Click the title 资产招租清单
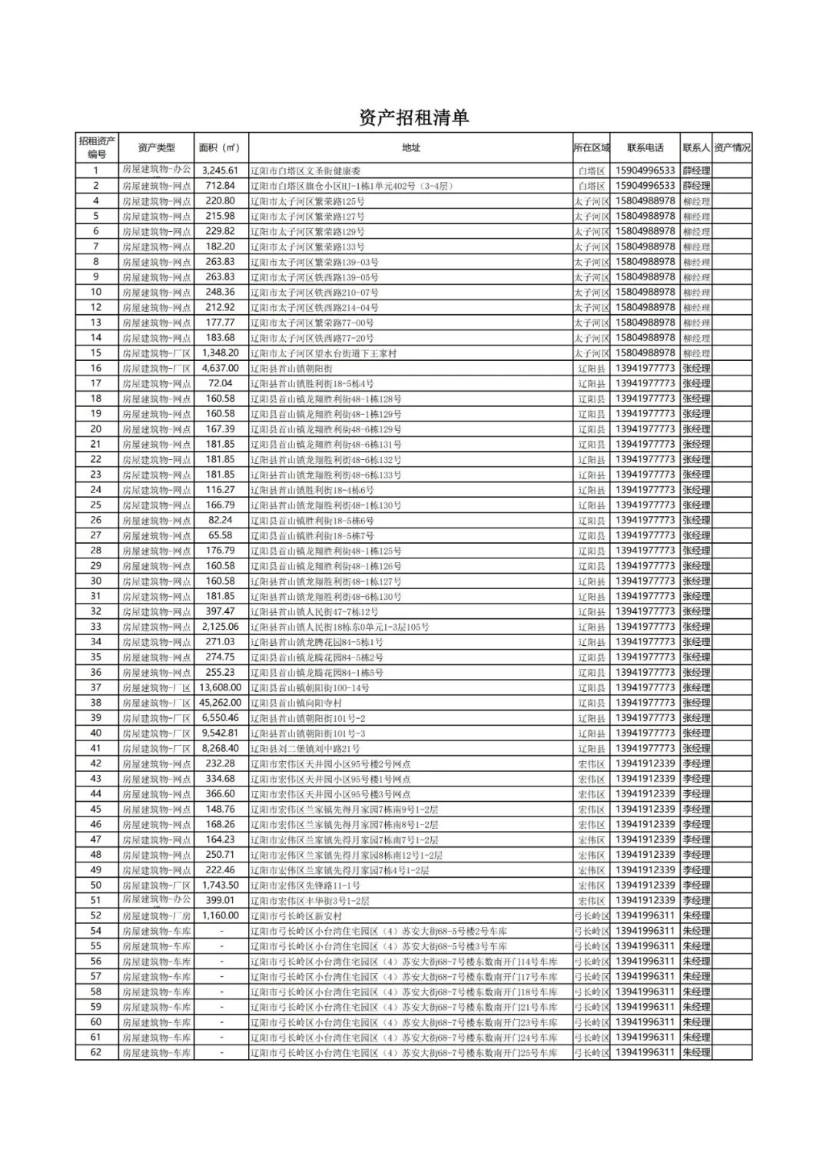(x=413, y=118)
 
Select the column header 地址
(x=411, y=148)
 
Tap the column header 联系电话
(x=645, y=148)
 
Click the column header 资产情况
(x=732, y=148)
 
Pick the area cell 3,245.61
(x=220, y=171)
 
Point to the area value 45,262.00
(x=220, y=703)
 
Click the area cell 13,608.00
(x=220, y=687)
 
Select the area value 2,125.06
(x=220, y=627)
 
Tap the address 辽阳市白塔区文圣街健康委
(x=306, y=171)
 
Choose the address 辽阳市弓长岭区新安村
(x=296, y=916)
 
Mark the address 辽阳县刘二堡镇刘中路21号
(x=305, y=749)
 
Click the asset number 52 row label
(x=96, y=915)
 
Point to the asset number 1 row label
(x=96, y=171)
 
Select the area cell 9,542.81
(x=220, y=733)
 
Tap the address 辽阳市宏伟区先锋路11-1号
(x=305, y=886)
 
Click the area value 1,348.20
(x=220, y=353)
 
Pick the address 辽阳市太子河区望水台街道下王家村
(x=324, y=353)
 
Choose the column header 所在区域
(x=591, y=148)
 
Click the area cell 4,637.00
(x=220, y=369)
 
